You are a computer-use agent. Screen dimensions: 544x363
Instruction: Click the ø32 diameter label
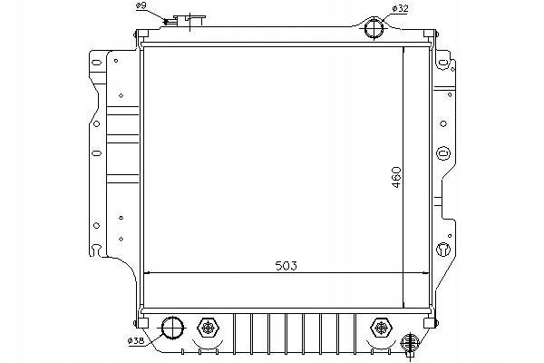coord(400,9)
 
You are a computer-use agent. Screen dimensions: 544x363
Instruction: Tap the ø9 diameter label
coord(141,5)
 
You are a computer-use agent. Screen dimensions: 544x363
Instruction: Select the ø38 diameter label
coord(136,341)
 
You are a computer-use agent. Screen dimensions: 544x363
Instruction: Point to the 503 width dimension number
coord(287,266)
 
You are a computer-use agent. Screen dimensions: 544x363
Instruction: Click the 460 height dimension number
coord(396,178)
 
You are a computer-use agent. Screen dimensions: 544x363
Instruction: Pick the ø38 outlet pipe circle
coord(173,328)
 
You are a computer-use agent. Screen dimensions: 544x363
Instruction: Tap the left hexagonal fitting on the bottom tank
coord(208,328)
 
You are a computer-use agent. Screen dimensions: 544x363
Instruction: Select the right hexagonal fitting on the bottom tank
coord(381,328)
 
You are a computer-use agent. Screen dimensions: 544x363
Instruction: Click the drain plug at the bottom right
coord(410,344)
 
